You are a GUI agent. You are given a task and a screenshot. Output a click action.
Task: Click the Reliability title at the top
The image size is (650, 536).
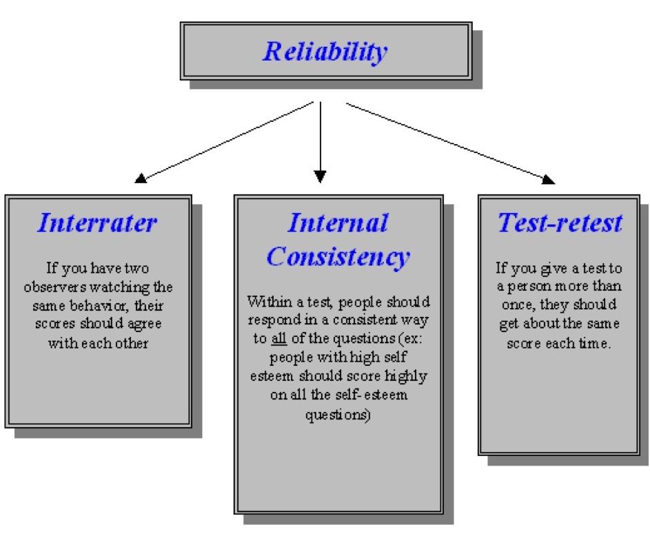(x=325, y=52)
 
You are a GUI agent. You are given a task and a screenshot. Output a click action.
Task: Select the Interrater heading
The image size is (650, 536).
(x=97, y=223)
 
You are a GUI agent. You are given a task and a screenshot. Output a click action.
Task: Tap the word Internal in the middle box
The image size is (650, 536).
(x=338, y=223)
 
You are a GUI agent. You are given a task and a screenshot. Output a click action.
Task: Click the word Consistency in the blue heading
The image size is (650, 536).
(x=338, y=257)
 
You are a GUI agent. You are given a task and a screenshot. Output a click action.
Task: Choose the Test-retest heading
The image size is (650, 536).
(x=560, y=223)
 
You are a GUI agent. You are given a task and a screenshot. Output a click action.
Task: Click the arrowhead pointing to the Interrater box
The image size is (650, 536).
(x=141, y=178)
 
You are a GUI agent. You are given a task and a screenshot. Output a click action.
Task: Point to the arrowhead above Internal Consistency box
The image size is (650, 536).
(x=320, y=176)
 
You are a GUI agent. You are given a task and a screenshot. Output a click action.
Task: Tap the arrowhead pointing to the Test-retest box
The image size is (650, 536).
(x=548, y=179)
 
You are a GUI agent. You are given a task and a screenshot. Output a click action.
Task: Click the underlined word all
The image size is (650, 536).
(x=279, y=338)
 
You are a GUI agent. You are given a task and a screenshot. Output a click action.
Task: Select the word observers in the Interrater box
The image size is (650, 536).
(x=55, y=287)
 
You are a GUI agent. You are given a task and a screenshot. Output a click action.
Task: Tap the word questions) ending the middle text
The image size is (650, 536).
(x=338, y=415)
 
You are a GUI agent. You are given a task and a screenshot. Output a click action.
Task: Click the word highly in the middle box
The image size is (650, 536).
(x=406, y=376)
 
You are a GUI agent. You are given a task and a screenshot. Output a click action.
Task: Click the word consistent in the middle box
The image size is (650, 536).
(x=365, y=320)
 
